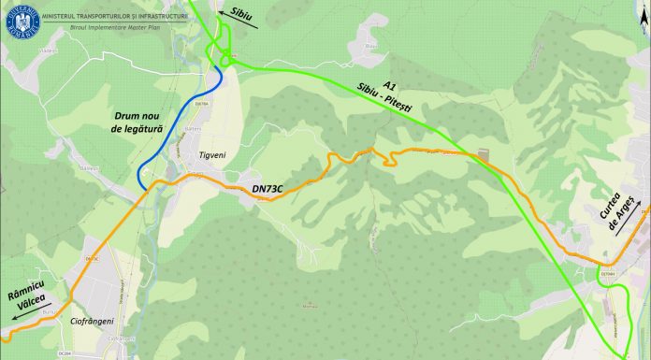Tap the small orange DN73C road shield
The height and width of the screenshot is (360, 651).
(91, 257)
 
